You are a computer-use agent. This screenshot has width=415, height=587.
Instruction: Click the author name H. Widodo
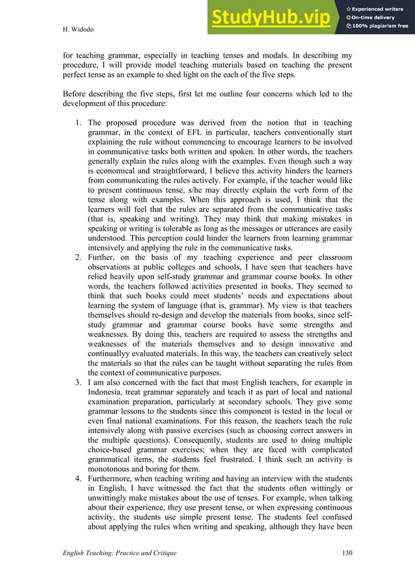[76, 30]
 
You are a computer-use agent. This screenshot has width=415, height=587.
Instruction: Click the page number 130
[346, 553]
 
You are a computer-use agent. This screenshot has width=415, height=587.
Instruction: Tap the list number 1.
[76, 122]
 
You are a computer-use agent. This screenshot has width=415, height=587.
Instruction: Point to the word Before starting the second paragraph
[77, 94]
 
